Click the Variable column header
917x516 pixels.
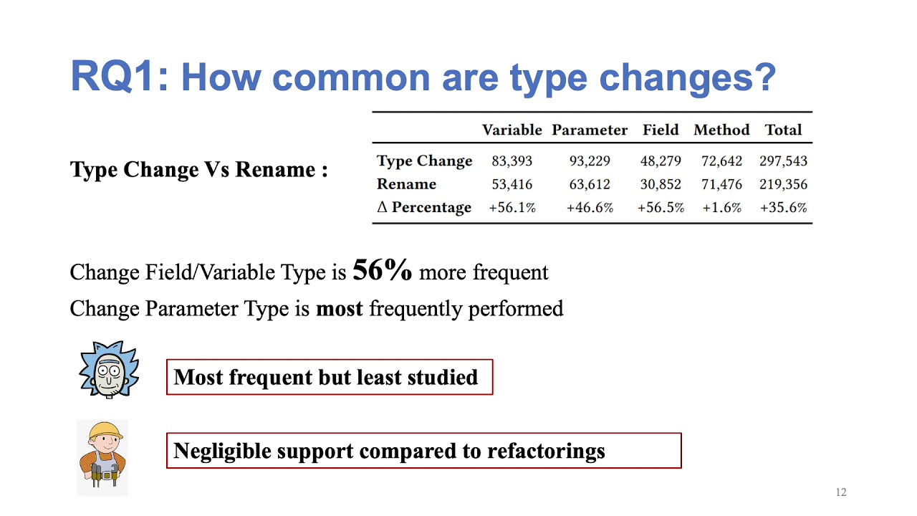click(x=512, y=130)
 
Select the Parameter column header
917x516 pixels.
click(x=589, y=130)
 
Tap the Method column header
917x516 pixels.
click(x=721, y=130)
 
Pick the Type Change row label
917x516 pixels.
click(x=424, y=161)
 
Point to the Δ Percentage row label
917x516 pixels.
click(x=424, y=207)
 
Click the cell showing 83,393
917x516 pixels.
click(x=512, y=161)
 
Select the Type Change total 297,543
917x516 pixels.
click(x=783, y=161)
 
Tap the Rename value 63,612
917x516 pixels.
click(x=589, y=184)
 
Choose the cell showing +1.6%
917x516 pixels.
click(x=721, y=208)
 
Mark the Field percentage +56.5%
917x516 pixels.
click(x=660, y=208)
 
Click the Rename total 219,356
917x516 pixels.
click(x=783, y=184)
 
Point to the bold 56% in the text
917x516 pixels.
click(x=383, y=270)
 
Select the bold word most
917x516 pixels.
click(x=340, y=309)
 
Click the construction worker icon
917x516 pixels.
click(x=102, y=457)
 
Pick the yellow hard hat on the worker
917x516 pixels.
click(x=104, y=431)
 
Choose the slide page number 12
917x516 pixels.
click(x=841, y=492)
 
